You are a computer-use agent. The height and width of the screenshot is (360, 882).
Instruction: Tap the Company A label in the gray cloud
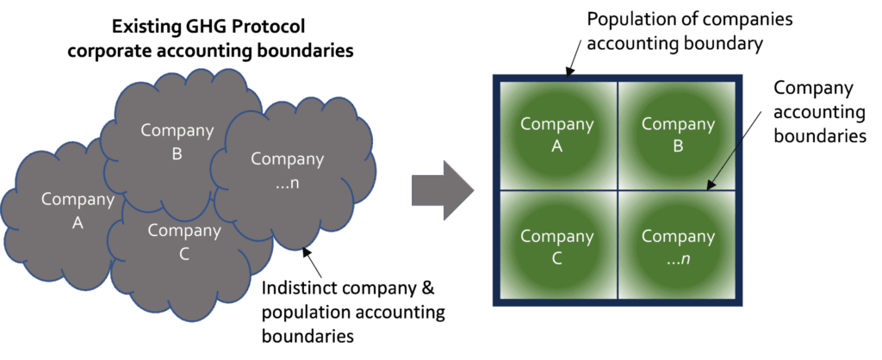pos(78,211)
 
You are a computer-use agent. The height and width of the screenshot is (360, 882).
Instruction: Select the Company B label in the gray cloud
pos(177,142)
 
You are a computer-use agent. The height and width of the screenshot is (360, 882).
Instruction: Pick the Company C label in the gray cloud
pos(183,241)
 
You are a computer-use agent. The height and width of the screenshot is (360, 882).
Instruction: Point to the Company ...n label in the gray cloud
pos(287,171)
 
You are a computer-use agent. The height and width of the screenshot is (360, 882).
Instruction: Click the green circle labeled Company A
pos(556,135)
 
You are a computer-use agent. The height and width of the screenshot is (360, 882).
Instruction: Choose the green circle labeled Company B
pos(678,135)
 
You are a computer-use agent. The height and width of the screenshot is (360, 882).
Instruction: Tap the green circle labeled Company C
pos(556,247)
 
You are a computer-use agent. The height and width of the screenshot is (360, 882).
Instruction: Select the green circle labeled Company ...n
pos(678,247)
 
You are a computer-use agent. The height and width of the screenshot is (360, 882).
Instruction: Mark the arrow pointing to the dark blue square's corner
pos(572,62)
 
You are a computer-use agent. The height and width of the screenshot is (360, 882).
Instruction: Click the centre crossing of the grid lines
pos(617,189)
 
